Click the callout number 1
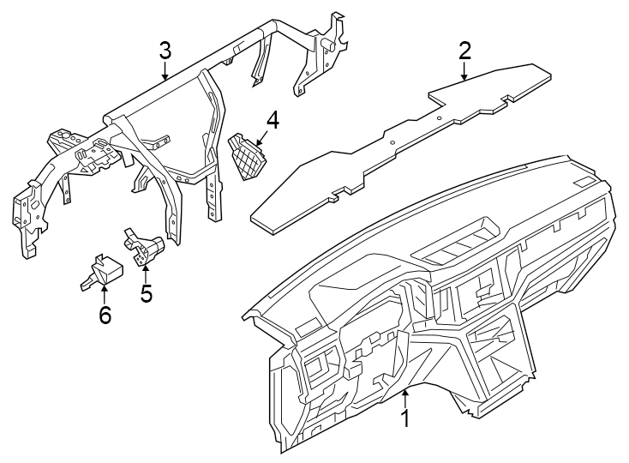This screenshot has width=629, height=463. tap(405, 421)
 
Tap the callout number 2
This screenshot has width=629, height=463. tap(464, 51)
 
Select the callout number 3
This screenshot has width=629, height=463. tap(165, 51)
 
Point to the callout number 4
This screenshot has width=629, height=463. tap(273, 119)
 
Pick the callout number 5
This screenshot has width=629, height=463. tap(147, 293)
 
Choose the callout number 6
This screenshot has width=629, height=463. tap(105, 316)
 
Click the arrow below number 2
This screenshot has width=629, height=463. tap(464, 72)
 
